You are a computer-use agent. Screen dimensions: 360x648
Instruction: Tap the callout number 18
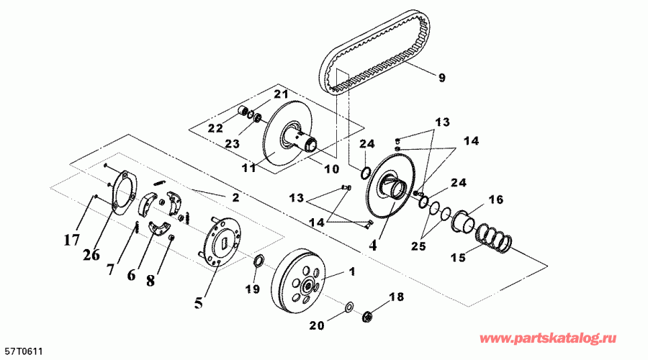(x=394, y=297)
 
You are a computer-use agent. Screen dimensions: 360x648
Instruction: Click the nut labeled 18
(x=367, y=314)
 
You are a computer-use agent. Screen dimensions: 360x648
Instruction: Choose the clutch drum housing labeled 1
(x=302, y=277)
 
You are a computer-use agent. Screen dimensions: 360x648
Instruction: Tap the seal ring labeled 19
(x=258, y=260)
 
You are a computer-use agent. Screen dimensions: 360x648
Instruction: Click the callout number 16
(x=496, y=199)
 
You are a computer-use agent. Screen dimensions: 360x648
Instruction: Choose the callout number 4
(x=373, y=244)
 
